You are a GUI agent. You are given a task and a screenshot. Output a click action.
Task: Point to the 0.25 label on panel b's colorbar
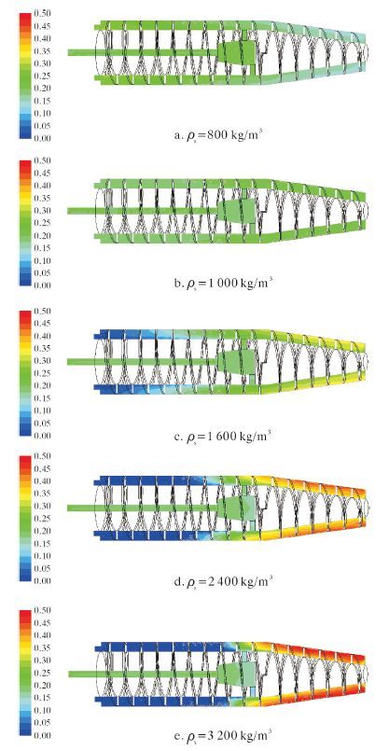tap(41, 223)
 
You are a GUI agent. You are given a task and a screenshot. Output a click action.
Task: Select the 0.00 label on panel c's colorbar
tap(41, 436)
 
